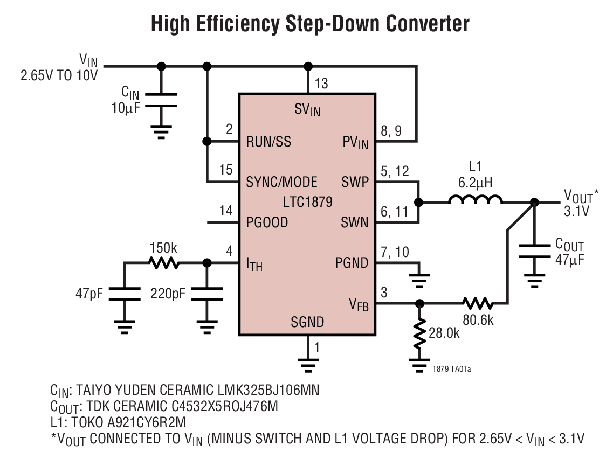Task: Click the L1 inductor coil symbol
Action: [475, 200]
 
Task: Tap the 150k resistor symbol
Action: [163, 263]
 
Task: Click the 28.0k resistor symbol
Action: [418, 335]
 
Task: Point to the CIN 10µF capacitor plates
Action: [161, 100]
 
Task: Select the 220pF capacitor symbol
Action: [206, 295]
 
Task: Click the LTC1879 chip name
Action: [307, 203]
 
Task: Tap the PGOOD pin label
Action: [267, 222]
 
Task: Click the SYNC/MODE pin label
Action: [281, 182]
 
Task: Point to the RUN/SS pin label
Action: [268, 142]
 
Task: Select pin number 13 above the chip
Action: [321, 84]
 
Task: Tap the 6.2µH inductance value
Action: [476, 182]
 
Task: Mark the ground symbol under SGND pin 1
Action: [308, 367]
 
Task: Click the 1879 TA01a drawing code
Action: [455, 369]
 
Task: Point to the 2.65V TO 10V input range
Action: [59, 75]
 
